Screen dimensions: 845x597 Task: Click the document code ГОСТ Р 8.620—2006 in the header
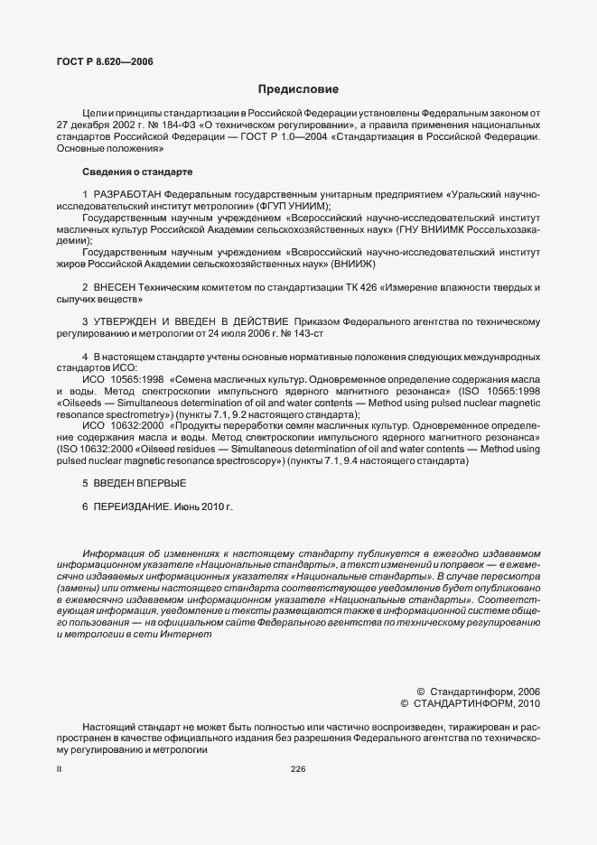point(105,61)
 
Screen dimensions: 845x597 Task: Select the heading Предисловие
point(298,89)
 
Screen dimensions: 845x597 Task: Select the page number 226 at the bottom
point(298,769)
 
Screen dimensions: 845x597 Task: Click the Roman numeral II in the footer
point(58,769)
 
